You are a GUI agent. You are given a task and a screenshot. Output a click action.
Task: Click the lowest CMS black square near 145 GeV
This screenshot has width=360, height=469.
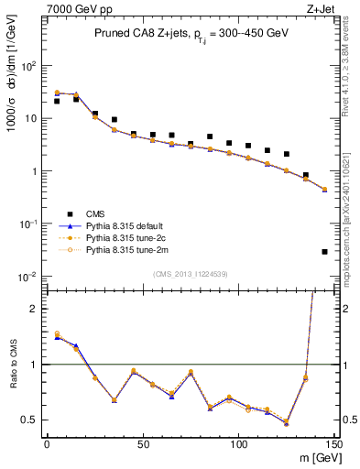[x=325, y=251]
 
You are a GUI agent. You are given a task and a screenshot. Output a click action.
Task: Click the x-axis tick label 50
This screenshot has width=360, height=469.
[x=142, y=445]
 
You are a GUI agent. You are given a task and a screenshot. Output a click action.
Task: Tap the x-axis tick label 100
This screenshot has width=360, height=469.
[x=238, y=445]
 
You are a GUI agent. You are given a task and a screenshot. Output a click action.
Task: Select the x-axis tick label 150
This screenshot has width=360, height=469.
[x=333, y=445]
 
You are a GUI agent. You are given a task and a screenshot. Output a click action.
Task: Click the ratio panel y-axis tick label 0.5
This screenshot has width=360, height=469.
[x=29, y=420]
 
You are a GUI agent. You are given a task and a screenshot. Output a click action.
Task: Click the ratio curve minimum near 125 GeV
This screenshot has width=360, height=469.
[x=287, y=423]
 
